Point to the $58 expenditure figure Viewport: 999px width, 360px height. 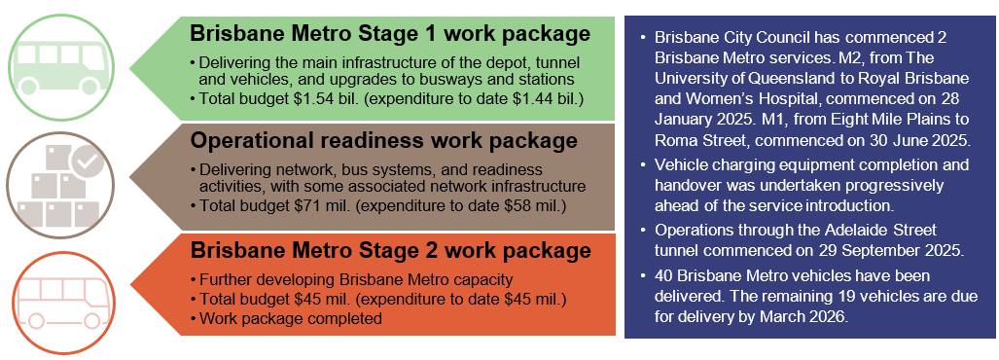490,205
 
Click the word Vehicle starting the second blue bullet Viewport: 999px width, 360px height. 684,166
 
